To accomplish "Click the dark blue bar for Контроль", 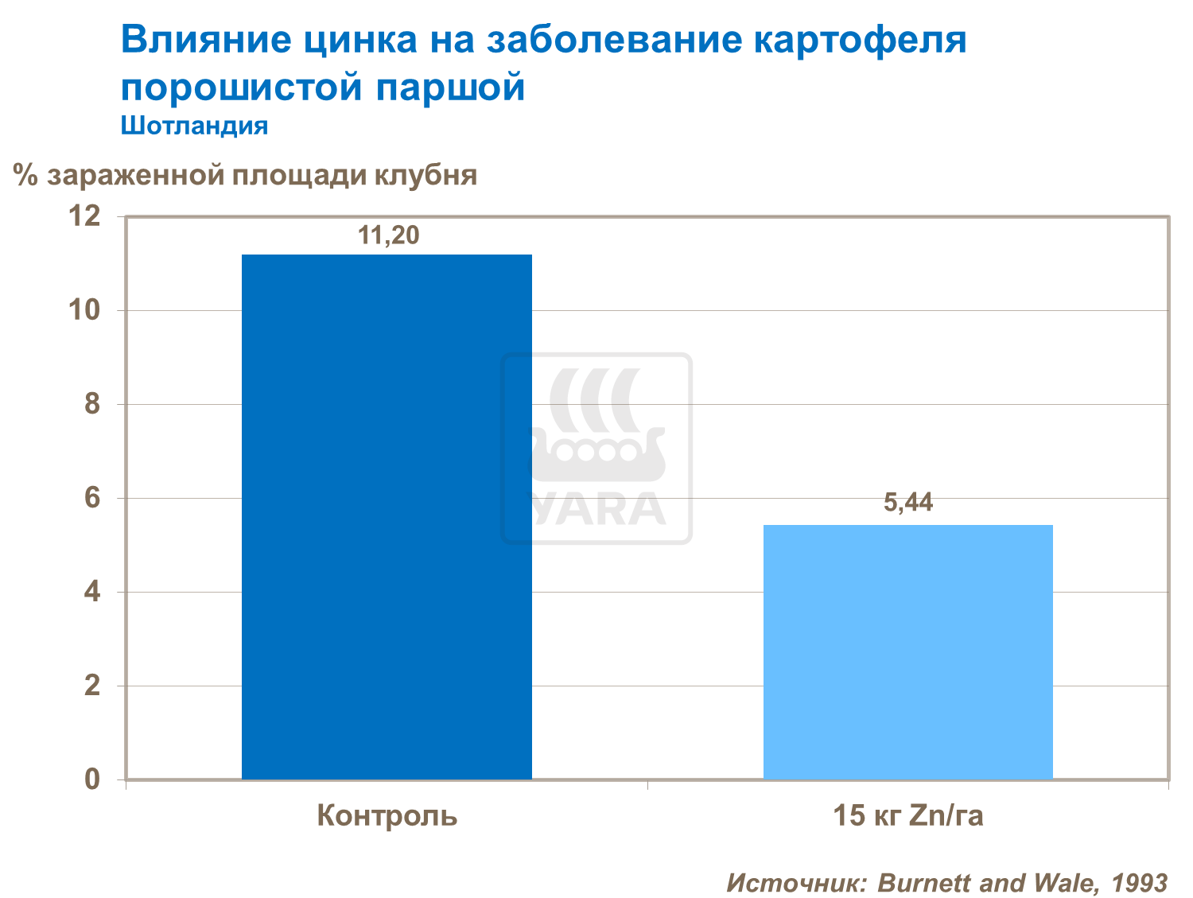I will point(387,517).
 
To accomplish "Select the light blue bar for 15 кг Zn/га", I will point(907,652).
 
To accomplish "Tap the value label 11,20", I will point(388,235).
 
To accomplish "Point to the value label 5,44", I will point(908,503).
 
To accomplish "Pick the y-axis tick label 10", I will point(85,309).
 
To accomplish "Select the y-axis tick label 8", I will point(93,403).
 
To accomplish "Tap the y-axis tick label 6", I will point(93,498).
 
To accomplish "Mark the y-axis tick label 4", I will point(93,592).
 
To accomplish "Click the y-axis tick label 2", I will point(93,686).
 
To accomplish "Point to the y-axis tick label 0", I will point(93,779).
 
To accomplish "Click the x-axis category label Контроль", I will point(387,815).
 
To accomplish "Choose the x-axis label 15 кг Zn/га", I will point(907,815).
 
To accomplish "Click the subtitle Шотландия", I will point(194,126).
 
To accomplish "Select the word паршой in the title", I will point(450,87).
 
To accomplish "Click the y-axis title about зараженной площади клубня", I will point(246,175).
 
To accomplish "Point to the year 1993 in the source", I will point(1139,882).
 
